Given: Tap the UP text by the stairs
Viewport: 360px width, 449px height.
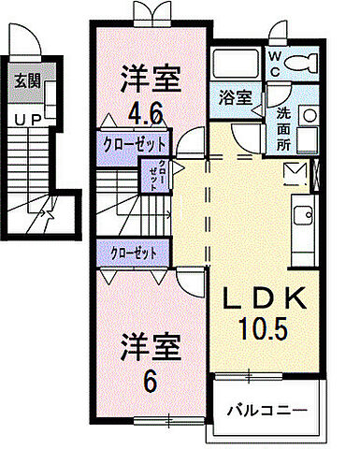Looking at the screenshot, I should click(25, 120).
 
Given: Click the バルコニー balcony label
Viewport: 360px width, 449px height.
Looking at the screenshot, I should click(266, 409).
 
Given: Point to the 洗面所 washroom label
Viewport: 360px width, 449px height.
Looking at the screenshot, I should click(283, 128).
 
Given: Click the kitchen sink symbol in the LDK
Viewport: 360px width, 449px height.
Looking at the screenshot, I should click(304, 215).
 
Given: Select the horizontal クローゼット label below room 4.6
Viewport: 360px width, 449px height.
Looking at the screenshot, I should click(132, 144).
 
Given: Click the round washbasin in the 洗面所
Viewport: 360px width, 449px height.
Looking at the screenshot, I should click(308, 119).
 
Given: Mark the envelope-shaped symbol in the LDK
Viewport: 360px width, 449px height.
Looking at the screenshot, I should click(294, 173).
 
